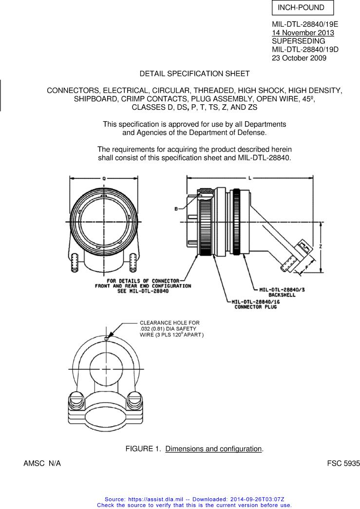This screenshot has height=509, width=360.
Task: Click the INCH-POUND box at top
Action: point(302,8)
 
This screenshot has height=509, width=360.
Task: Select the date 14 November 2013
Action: point(303,33)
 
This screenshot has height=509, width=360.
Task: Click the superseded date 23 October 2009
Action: point(299,58)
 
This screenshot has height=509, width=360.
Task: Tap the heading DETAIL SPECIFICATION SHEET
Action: point(194,74)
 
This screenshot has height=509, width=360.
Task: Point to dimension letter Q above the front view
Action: point(104,179)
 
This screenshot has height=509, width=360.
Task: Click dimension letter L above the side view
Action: point(250,179)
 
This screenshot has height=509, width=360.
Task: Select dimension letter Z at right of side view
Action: point(320,247)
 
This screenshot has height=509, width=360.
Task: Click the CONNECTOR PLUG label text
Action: point(255,307)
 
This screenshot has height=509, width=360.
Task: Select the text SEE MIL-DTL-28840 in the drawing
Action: point(143,291)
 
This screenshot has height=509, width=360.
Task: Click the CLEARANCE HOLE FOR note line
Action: point(170,322)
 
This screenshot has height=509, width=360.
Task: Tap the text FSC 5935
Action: point(343,464)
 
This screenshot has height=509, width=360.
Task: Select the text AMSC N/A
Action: point(42,464)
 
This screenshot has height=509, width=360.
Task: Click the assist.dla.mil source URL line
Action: point(194,499)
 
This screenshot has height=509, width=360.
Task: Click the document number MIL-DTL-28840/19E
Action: point(305,25)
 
